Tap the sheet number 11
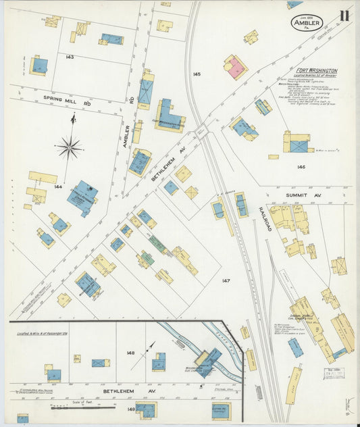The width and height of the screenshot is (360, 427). [x=344, y=16]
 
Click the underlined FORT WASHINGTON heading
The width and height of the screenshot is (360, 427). [x=317, y=70]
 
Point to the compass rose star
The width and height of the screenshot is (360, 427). [x=70, y=146]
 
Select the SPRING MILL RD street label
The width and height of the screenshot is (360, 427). [x=68, y=100]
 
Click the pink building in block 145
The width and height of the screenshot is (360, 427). [x=236, y=67]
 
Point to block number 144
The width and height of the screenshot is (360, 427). [x=58, y=186]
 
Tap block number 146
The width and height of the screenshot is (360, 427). [x=301, y=167]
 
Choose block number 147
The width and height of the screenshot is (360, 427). [x=226, y=280]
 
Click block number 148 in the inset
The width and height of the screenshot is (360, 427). [x=130, y=352]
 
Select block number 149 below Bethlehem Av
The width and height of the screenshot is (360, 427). [x=130, y=408]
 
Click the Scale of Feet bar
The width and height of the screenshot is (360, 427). [x=82, y=407]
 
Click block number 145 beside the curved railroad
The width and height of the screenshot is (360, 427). [x=197, y=74]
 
